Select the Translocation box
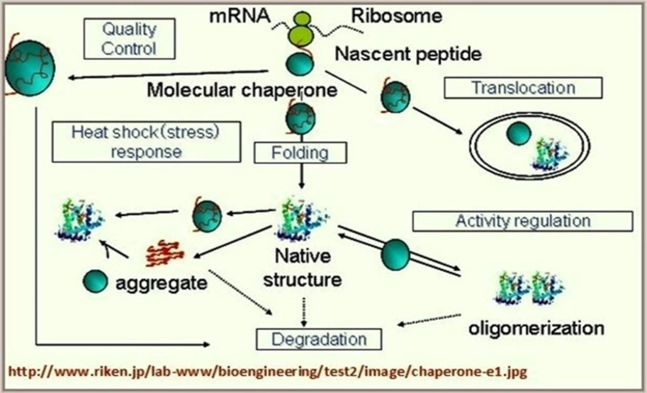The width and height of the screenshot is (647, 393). (x=523, y=88)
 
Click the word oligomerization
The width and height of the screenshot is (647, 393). (x=536, y=328)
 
